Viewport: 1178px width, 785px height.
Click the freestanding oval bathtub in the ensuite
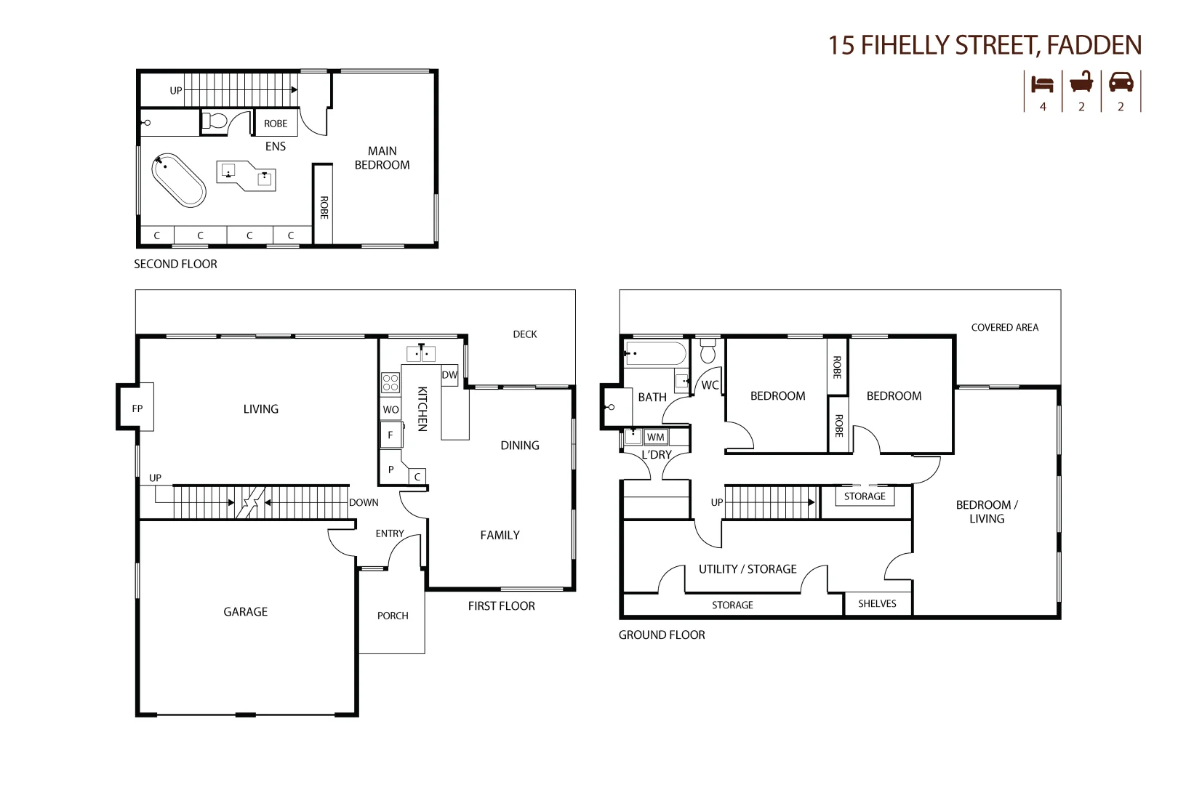(179, 180)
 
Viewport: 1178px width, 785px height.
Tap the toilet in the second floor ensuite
(215, 121)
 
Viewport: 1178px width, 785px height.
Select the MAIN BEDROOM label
(382, 158)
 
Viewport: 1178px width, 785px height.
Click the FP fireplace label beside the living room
(137, 408)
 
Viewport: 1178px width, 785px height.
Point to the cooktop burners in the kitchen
(390, 382)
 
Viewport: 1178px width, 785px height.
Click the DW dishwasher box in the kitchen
(449, 375)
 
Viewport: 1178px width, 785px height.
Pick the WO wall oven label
(390, 409)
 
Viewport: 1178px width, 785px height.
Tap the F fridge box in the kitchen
(390, 435)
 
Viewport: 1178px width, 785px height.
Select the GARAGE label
(245, 612)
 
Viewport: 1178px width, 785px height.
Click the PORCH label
(393, 616)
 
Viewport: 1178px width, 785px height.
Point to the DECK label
(524, 334)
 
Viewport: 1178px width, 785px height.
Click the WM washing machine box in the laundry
(655, 437)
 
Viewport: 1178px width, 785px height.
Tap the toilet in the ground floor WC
(708, 351)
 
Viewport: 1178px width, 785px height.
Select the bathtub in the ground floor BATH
(655, 354)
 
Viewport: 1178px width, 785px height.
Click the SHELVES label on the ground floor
(877, 603)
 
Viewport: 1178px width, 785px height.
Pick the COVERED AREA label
(1004, 328)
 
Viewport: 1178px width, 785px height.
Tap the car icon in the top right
(1121, 82)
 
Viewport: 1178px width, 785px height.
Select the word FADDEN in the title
(1094, 46)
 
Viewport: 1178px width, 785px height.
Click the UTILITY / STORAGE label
(748, 569)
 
